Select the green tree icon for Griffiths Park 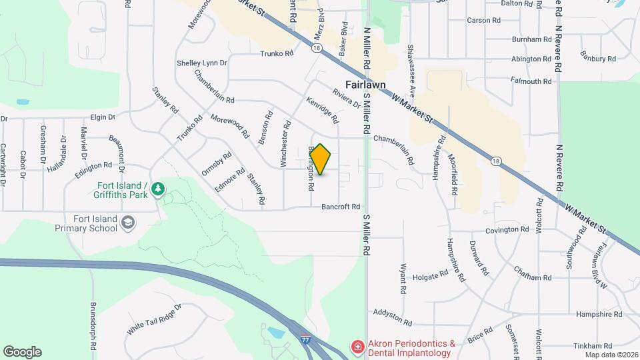click(x=157, y=190)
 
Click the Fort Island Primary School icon click(x=128, y=223)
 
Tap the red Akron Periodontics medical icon click(x=358, y=347)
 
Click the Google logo click(x=22, y=352)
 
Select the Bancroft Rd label click(x=341, y=207)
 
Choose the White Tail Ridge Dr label click(x=154, y=320)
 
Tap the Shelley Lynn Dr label click(x=202, y=63)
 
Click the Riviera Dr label click(x=346, y=97)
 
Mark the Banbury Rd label click(x=597, y=58)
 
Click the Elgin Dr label click(x=103, y=117)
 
